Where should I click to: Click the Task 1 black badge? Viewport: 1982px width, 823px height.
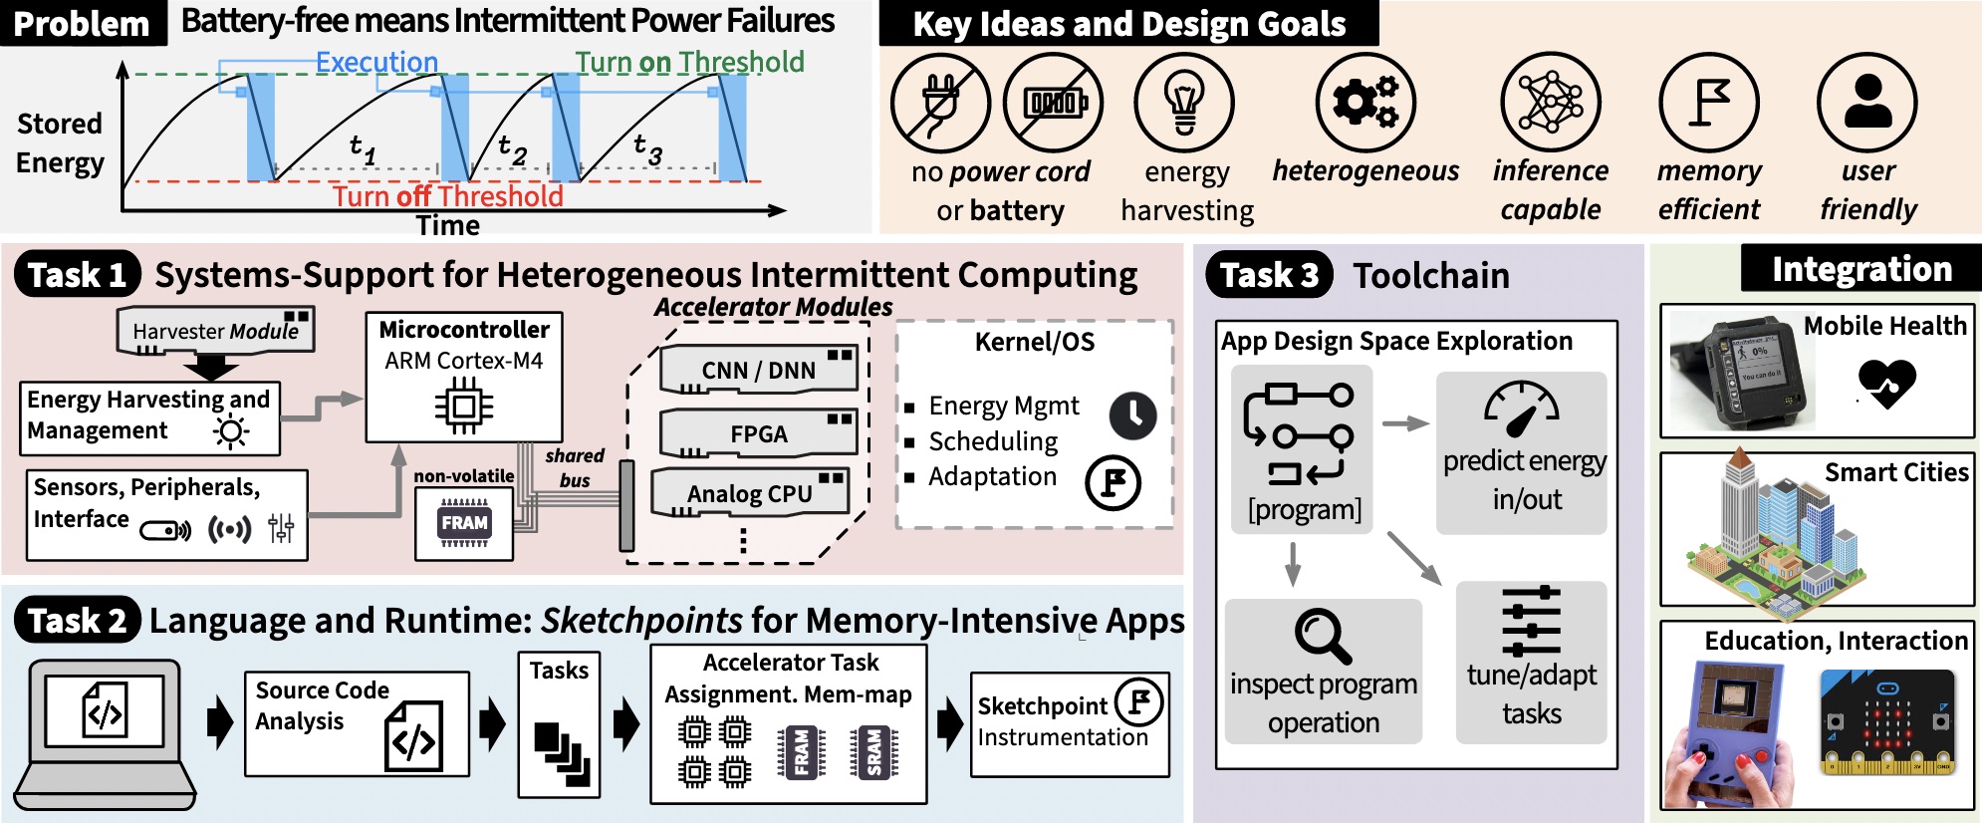[77, 275]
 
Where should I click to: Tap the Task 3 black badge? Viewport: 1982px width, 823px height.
[1268, 275]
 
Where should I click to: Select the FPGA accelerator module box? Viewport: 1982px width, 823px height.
[758, 433]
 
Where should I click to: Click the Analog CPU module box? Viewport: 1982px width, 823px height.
[749, 493]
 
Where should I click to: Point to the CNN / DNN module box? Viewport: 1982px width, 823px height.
[758, 370]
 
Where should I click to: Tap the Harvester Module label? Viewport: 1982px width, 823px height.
[215, 331]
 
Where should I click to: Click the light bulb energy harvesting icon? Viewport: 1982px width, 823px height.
[1184, 104]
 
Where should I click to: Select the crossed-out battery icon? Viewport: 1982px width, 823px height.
[1054, 103]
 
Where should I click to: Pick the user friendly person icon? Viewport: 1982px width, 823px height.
[1867, 103]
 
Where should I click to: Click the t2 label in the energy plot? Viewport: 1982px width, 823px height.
[512, 149]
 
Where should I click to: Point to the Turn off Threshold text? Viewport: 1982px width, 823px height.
[447, 195]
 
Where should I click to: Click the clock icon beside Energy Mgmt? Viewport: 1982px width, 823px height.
[1133, 415]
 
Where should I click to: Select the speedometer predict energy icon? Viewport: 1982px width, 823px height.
[1521, 409]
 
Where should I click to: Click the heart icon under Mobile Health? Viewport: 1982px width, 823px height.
[1886, 383]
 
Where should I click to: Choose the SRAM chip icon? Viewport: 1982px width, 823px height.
[872, 751]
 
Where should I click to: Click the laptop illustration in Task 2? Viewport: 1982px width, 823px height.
[105, 735]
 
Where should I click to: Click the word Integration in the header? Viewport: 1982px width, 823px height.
[1861, 269]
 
